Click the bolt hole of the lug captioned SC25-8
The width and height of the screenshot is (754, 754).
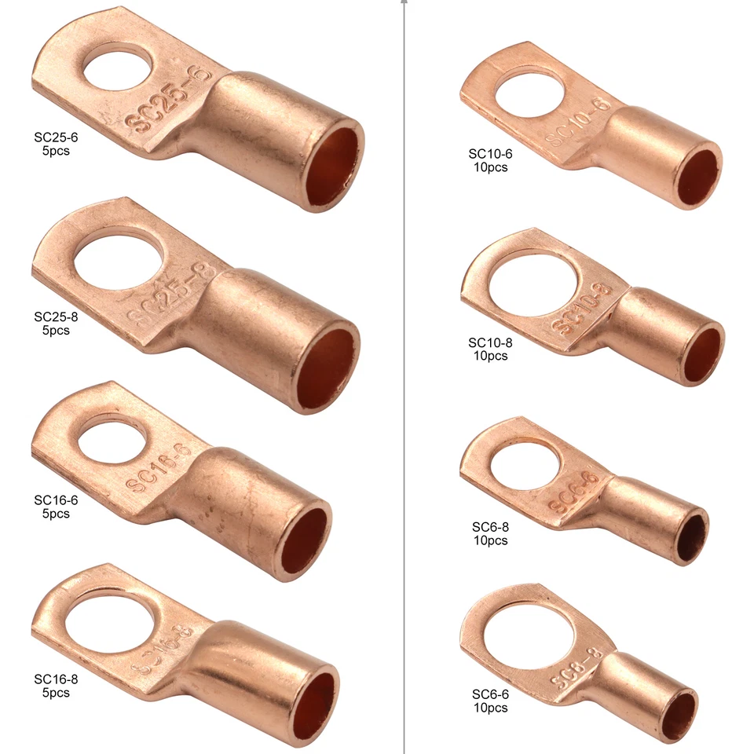[x=119, y=259]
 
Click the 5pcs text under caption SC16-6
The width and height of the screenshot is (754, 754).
[x=56, y=514]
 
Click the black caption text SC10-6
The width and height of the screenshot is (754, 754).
[x=490, y=154]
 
